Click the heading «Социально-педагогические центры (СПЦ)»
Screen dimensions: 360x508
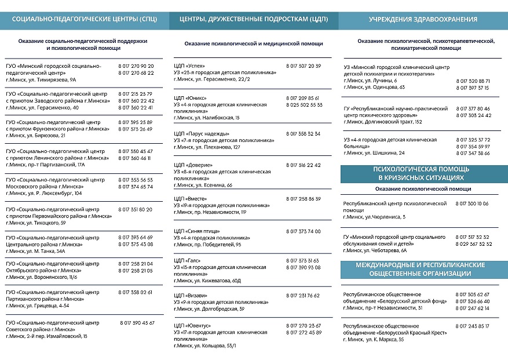pyautogui.click(x=84, y=19)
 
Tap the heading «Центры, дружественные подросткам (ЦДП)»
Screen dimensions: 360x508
pyautogui.click(x=254, y=19)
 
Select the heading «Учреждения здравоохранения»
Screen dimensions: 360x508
pyautogui.click(x=423, y=19)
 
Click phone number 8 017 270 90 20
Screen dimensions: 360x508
pyautogui.click(x=136, y=66)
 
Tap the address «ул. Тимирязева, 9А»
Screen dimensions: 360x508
pyautogui.click(x=47, y=80)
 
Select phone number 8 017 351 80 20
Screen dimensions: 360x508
pyautogui.click(x=136, y=209)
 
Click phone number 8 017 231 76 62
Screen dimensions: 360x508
pyautogui.click(x=303, y=296)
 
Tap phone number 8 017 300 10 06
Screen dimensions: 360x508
pyautogui.click(x=472, y=204)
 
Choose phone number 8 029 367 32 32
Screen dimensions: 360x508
pyautogui.click(x=474, y=244)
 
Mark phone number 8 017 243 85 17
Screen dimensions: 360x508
pyautogui.click(x=473, y=326)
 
